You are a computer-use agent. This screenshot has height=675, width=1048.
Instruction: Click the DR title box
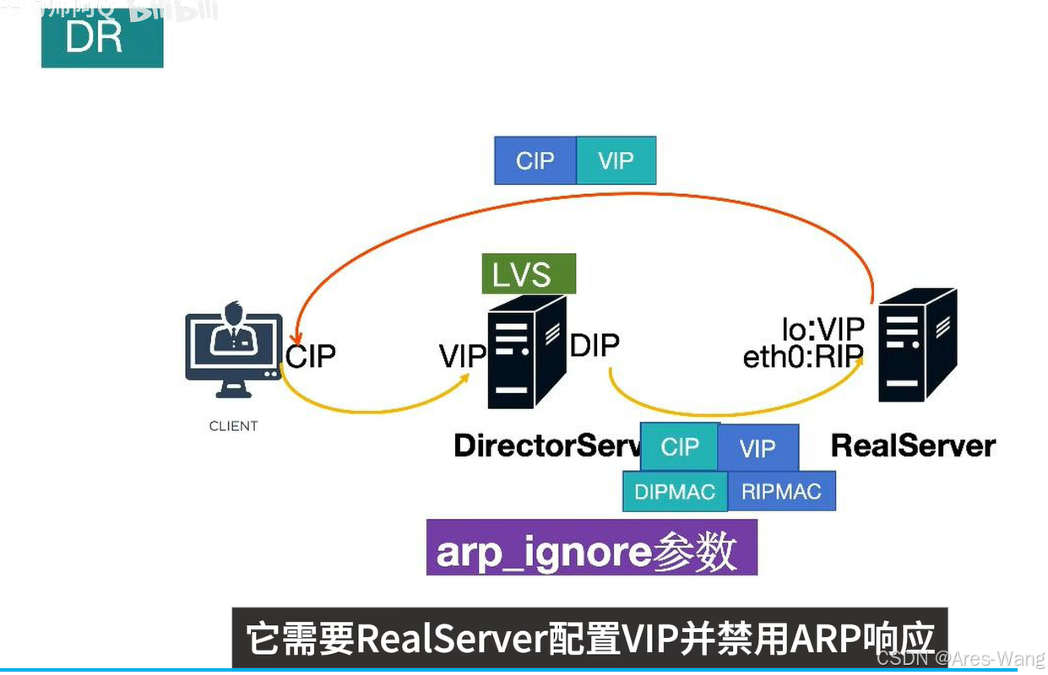[101, 38]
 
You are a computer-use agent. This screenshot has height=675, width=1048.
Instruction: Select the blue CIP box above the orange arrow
[535, 160]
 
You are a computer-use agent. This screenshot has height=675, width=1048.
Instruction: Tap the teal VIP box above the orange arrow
[616, 160]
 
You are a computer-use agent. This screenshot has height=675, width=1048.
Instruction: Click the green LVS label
[528, 274]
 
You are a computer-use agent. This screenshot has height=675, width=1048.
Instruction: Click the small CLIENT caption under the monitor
[233, 426]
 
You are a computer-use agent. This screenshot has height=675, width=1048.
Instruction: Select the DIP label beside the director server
[595, 345]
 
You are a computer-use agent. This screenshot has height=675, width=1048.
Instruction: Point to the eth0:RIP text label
[802, 358]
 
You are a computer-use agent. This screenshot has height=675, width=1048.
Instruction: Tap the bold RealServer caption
[913, 445]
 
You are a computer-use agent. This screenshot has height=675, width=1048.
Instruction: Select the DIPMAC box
[674, 491]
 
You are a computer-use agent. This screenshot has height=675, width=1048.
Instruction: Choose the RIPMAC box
[781, 491]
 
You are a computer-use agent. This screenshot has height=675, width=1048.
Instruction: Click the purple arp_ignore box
[591, 552]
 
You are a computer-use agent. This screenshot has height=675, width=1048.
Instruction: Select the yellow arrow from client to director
[372, 409]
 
